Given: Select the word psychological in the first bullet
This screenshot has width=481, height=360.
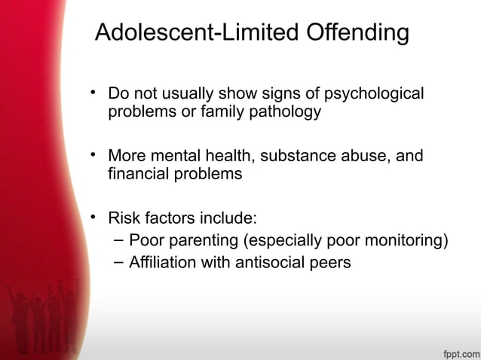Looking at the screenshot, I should point(374,94).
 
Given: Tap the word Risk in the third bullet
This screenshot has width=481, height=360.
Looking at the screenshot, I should point(124,218).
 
